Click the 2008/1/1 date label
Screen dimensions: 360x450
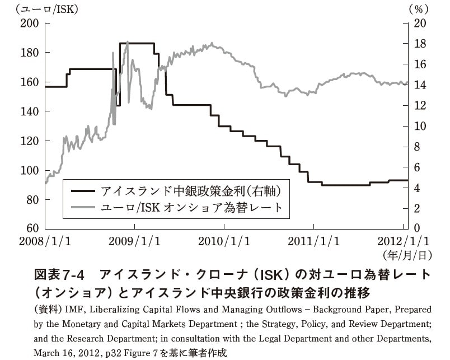point(45,241)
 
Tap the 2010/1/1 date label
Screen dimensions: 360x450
point(223,241)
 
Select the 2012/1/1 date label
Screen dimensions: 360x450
point(404,241)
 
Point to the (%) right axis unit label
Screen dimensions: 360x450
point(418,8)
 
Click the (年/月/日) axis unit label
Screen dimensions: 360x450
point(407,255)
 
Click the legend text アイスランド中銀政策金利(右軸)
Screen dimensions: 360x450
point(190,190)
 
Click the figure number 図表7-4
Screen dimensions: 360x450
point(58,275)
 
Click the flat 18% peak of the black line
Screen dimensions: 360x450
point(137,43)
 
